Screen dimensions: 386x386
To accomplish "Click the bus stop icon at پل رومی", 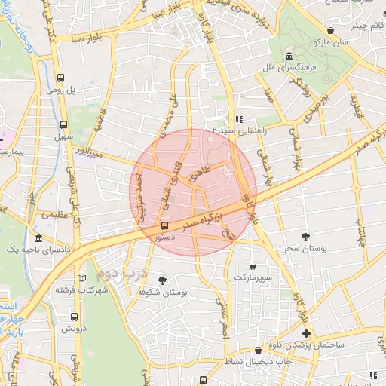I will [x=61, y=77].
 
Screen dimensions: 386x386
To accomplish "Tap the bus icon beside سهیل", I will [x=63, y=124].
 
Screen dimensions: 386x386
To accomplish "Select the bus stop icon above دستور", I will [x=165, y=225].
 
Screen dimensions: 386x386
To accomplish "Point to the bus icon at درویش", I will [x=63, y=315].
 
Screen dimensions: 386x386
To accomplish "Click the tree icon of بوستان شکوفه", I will [x=162, y=280].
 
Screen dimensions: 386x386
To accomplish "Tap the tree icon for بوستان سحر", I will [x=305, y=236].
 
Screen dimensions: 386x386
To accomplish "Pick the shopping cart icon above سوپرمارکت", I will [x=253, y=265].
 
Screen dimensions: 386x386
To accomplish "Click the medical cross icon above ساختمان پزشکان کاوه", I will [x=305, y=332].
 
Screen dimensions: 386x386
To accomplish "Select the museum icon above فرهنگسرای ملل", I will [x=289, y=57].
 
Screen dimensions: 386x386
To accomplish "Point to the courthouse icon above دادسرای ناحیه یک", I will [x=39, y=238].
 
